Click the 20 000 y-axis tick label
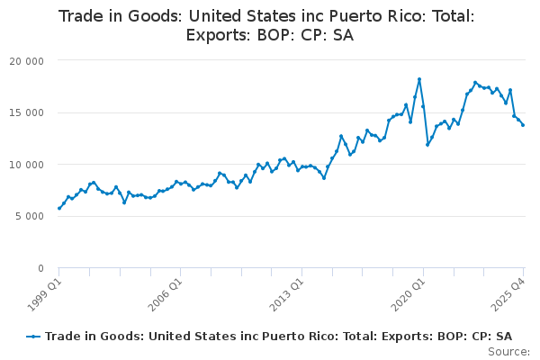click(30, 60)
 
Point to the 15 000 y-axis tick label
click(30, 112)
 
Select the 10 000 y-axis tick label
click(30, 165)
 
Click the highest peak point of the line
click(419, 79)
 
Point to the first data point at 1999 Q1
click(59, 208)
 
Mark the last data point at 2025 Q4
click(523, 125)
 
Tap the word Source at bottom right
click(508, 351)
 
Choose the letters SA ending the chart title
click(342, 36)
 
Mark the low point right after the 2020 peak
click(427, 144)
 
